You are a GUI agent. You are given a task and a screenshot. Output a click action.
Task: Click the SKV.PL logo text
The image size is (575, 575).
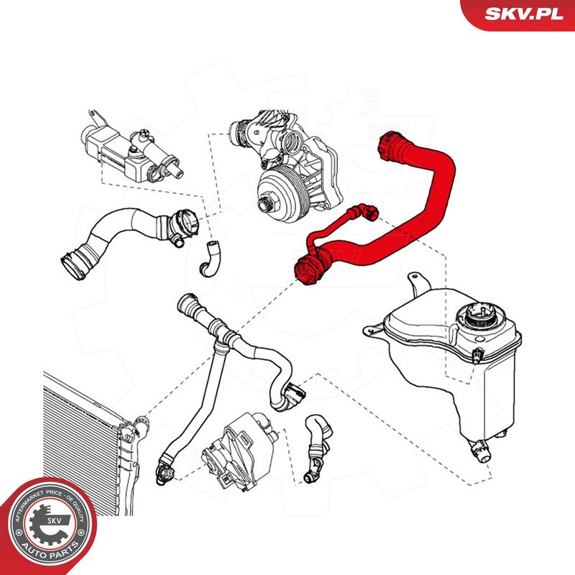click(523, 14)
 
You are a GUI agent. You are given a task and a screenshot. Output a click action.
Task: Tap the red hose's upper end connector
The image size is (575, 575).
click(390, 146)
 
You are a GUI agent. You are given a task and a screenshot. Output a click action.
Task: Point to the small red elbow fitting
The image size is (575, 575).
click(369, 212)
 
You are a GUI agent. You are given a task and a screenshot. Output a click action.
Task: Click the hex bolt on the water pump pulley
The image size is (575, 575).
click(265, 204)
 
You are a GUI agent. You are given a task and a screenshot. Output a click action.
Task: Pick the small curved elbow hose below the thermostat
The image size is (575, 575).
click(209, 258)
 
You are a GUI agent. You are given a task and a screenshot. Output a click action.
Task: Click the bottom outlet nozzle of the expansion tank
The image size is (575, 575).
click(479, 451)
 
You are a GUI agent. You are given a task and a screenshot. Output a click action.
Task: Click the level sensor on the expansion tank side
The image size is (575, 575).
click(478, 354)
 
